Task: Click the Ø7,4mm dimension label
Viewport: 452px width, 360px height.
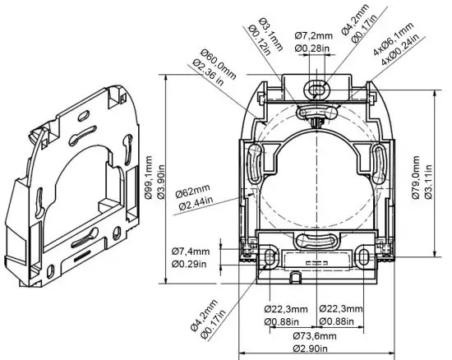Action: pyautogui.click(x=191, y=251)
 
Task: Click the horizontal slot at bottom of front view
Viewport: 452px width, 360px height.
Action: pyautogui.click(x=316, y=241)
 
